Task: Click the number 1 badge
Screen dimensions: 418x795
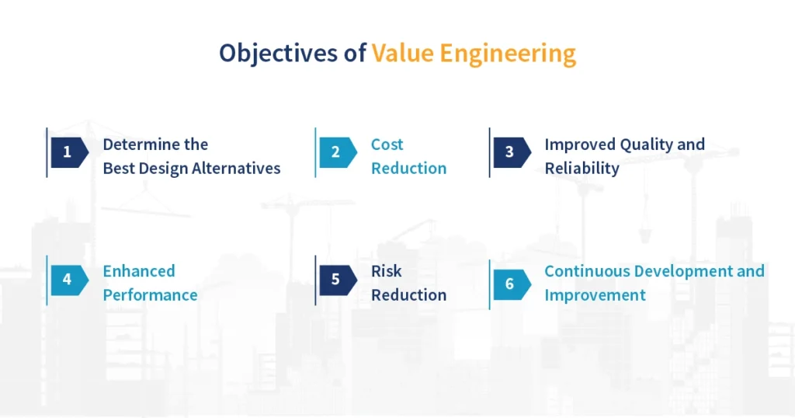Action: (x=68, y=152)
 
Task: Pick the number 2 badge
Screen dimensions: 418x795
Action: (x=335, y=152)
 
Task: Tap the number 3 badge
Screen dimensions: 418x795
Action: (x=509, y=152)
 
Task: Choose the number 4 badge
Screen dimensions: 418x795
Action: (x=68, y=280)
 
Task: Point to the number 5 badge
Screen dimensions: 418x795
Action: (x=335, y=280)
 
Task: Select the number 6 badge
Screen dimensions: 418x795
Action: (x=509, y=284)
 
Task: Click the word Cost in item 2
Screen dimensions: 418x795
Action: (x=387, y=145)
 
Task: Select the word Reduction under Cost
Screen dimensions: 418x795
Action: (x=408, y=169)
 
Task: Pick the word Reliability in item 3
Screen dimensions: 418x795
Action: (x=581, y=169)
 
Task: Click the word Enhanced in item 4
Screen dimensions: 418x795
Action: (x=139, y=271)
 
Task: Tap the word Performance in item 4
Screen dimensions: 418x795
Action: (x=150, y=295)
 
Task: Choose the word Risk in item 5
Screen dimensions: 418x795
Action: (x=387, y=271)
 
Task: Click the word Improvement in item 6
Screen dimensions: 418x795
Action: (x=595, y=295)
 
